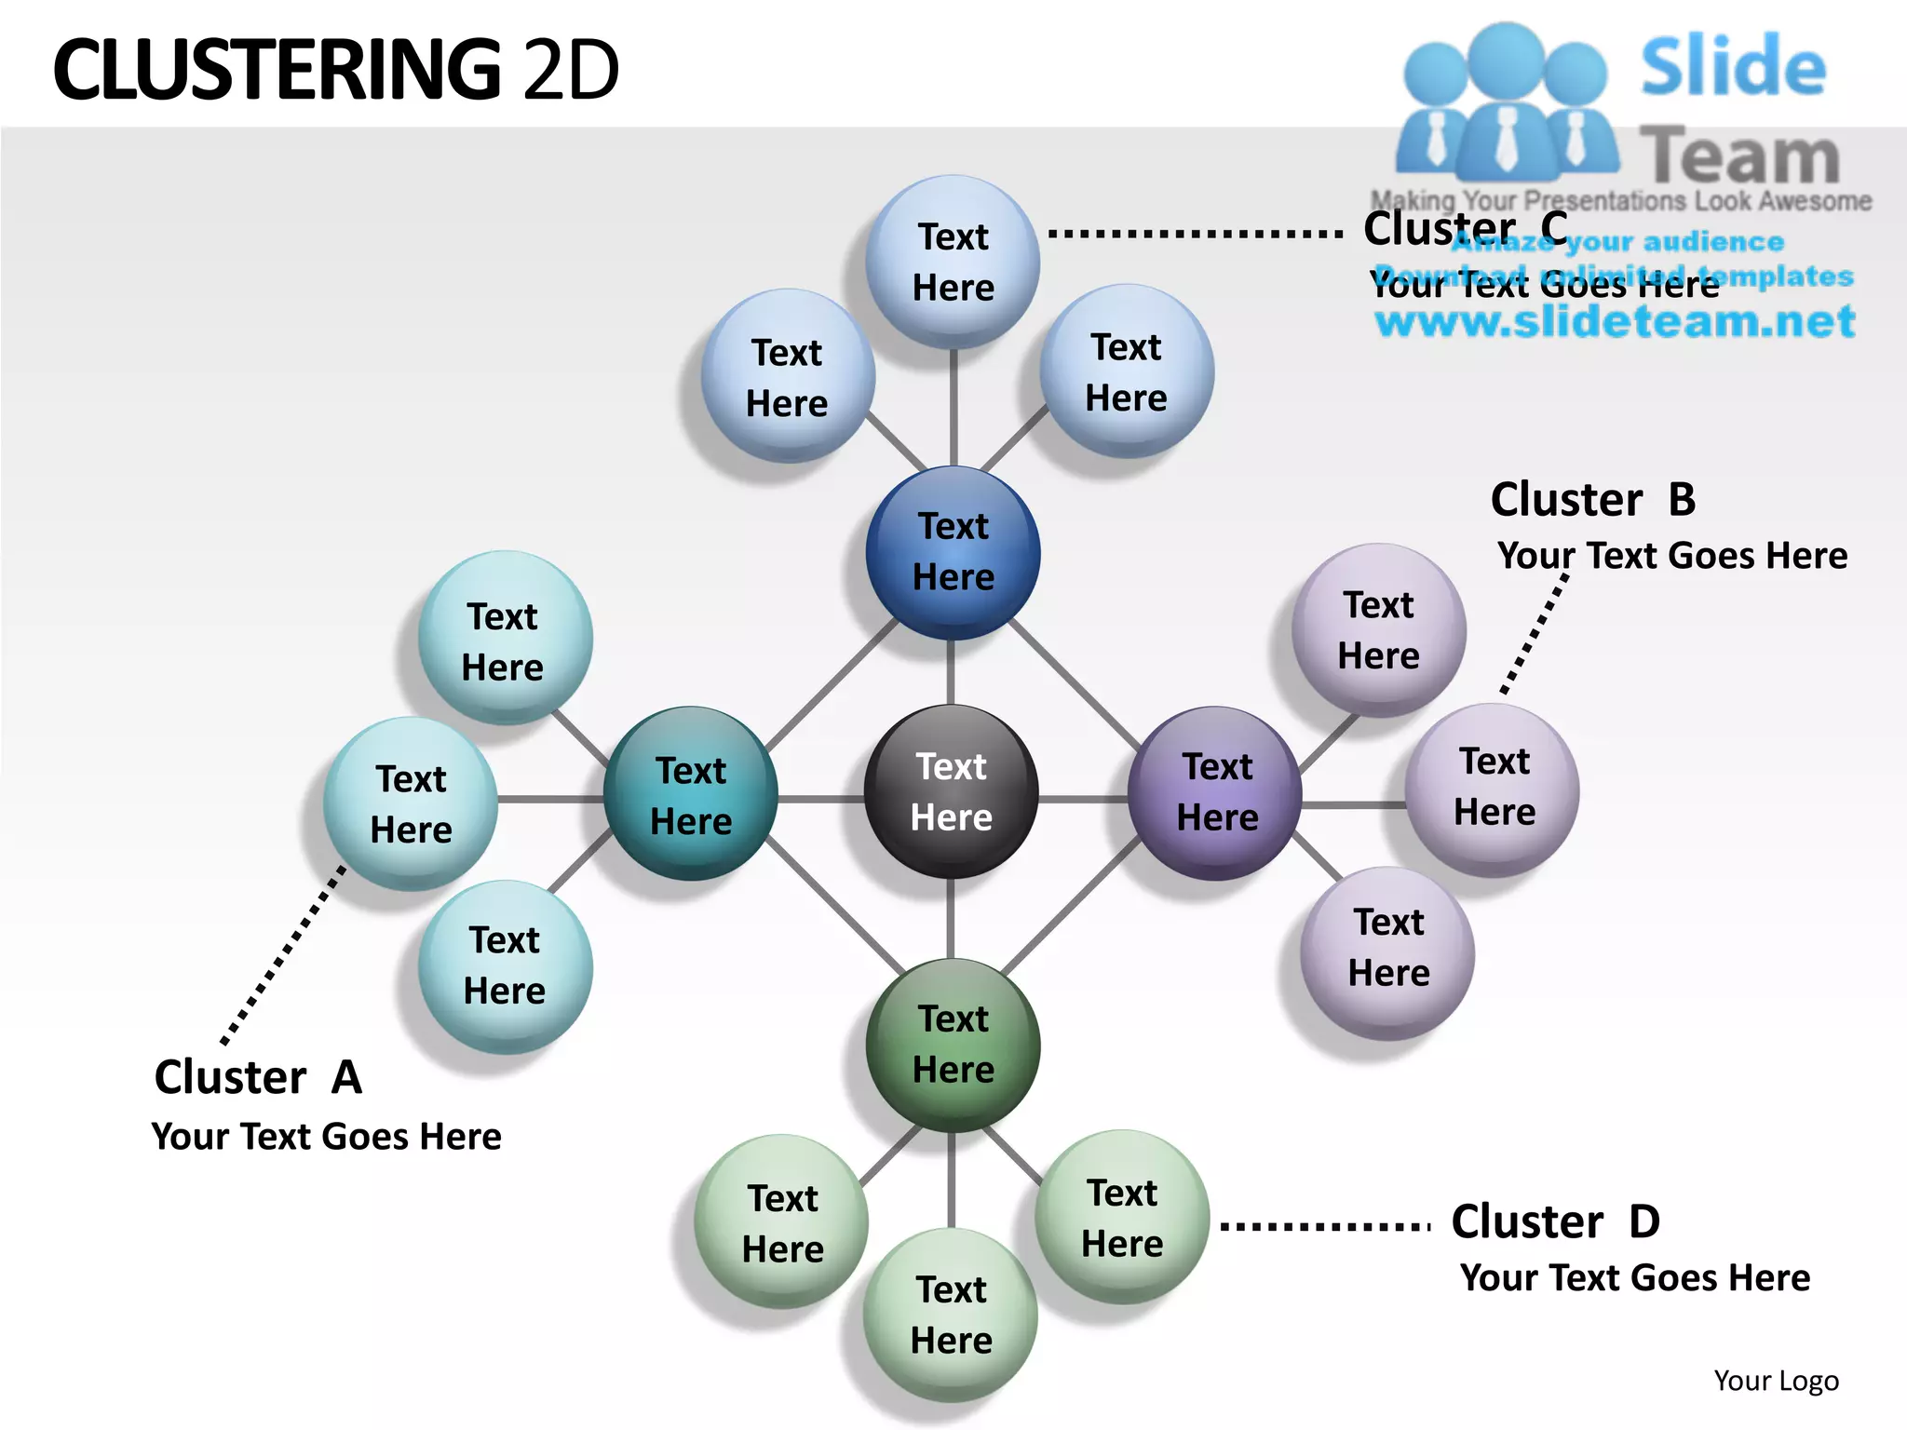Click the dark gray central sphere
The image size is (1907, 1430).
pyautogui.click(x=951, y=791)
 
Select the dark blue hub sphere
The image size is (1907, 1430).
pyautogui.click(x=953, y=552)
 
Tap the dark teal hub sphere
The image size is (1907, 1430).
pyautogui.click(x=690, y=794)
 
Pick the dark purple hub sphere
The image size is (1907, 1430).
pyautogui.click(x=1215, y=792)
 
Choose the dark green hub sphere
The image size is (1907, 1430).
pyautogui.click(x=953, y=1045)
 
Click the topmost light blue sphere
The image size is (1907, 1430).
pyautogui.click(x=953, y=262)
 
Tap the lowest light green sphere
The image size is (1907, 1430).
pyautogui.click(x=951, y=1315)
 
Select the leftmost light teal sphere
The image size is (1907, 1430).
pyautogui.click(x=411, y=803)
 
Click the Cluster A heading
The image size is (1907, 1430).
pyautogui.click(x=258, y=1077)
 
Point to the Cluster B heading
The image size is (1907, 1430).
pyautogui.click(x=1592, y=500)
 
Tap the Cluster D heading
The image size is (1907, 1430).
pyautogui.click(x=1555, y=1221)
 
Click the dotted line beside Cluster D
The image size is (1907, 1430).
pyautogui.click(x=1325, y=1226)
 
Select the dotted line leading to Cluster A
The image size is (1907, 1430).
pyautogui.click(x=283, y=956)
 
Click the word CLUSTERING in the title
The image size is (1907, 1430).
pyautogui.click(x=277, y=70)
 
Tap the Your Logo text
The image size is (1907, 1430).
pyautogui.click(x=1776, y=1381)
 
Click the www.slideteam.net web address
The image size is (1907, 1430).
pyautogui.click(x=1615, y=321)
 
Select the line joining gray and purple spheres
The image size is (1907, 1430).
pyautogui.click(x=1083, y=799)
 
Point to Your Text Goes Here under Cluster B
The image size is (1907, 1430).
pyautogui.click(x=1671, y=556)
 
